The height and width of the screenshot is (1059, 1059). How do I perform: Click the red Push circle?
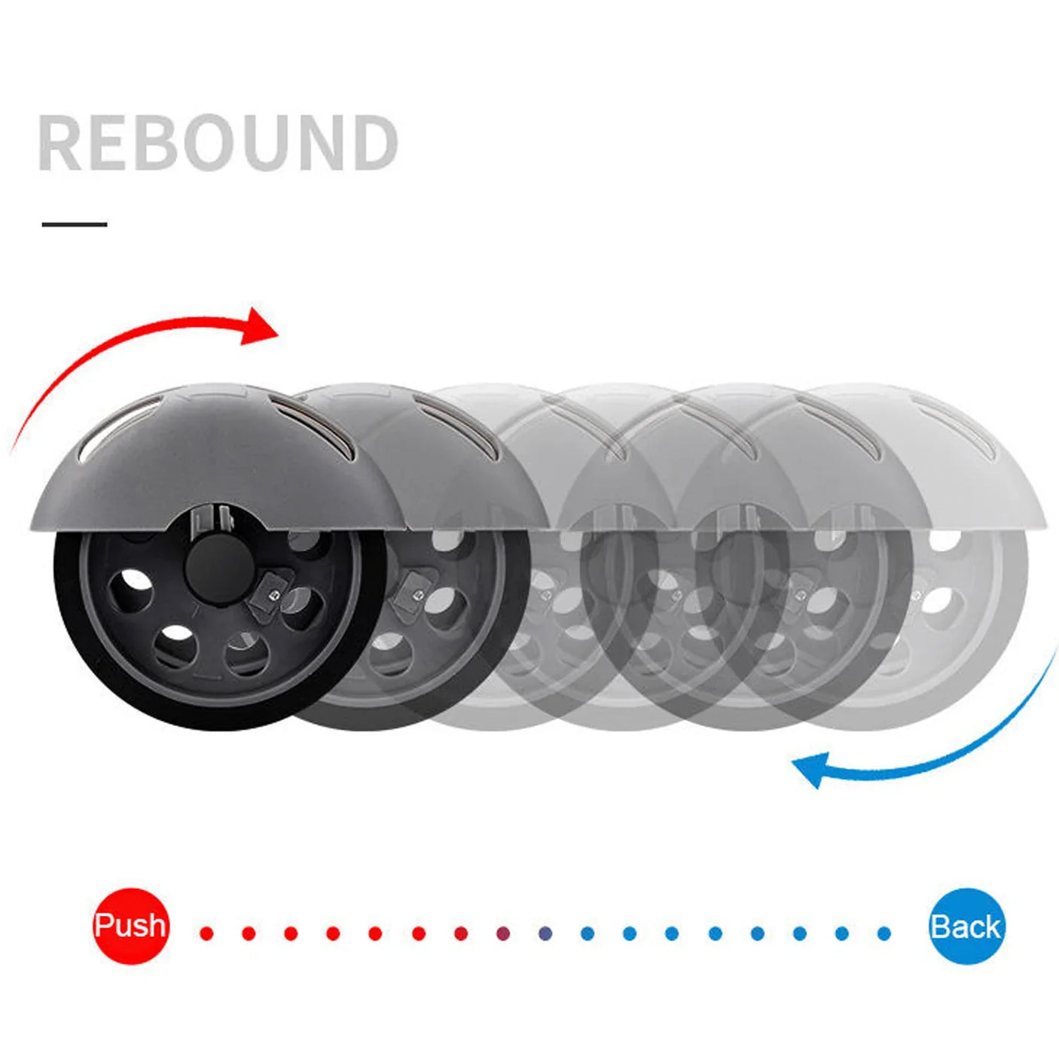(x=130, y=926)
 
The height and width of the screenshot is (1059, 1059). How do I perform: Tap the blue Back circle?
(x=966, y=926)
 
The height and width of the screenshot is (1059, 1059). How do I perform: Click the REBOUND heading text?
(x=218, y=142)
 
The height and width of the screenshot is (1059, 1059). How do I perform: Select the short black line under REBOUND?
(x=75, y=224)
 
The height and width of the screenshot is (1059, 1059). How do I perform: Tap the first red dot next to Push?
(x=206, y=933)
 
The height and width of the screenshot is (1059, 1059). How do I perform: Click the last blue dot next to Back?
(x=884, y=933)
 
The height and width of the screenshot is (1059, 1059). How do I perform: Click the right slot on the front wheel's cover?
(x=313, y=429)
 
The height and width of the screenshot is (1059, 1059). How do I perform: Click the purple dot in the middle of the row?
(x=503, y=933)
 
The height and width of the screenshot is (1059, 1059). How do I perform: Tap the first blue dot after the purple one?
(x=545, y=933)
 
